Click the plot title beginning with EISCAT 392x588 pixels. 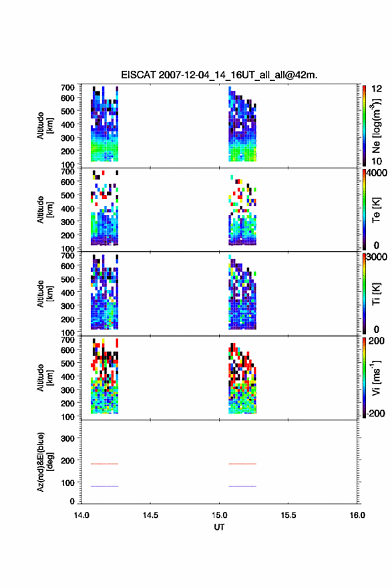[x=219, y=75]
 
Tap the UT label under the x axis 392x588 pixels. [x=219, y=527]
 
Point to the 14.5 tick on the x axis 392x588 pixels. [x=150, y=515]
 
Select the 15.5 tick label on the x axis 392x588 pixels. [x=288, y=515]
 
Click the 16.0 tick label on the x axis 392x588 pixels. [x=357, y=515]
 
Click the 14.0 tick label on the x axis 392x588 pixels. [x=81, y=515]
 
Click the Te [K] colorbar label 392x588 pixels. [x=376, y=210]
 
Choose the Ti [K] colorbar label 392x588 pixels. [x=376, y=293]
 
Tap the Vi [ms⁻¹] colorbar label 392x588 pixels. [x=376, y=378]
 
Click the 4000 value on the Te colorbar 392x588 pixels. [x=377, y=173]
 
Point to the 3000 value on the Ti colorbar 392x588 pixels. [x=377, y=257]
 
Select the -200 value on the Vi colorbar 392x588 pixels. [x=375, y=413]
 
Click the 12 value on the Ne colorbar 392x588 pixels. [x=377, y=89]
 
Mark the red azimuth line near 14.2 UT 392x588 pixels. [x=105, y=464]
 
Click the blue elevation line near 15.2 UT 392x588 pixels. [x=242, y=486]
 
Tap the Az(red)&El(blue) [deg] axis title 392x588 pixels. [x=45, y=462]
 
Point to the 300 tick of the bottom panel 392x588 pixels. [x=68, y=438]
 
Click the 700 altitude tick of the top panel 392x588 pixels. [x=68, y=88]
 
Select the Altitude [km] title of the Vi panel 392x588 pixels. [x=45, y=378]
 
